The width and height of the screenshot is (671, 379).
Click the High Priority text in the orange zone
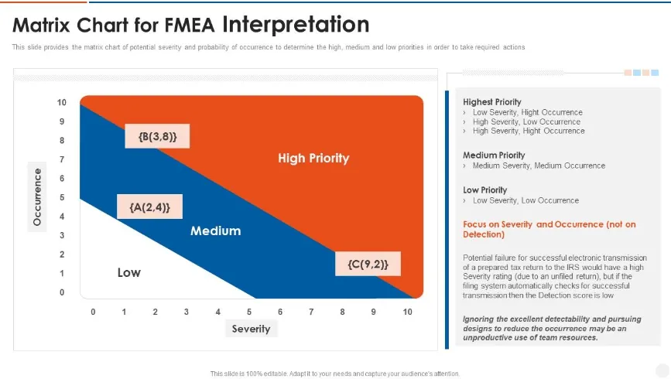pyautogui.click(x=313, y=158)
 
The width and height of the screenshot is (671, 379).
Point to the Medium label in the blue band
pyautogui.click(x=215, y=230)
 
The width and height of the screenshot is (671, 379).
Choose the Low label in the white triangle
pyautogui.click(x=128, y=272)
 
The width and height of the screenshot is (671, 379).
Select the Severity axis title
pyautogui.click(x=251, y=329)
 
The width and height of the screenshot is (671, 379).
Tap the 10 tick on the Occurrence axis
pyautogui.click(x=62, y=102)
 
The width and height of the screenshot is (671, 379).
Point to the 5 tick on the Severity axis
pyautogui.click(x=249, y=312)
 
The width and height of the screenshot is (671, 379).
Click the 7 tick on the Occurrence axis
pyautogui.click(x=62, y=159)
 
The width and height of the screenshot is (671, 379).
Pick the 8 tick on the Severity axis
pyautogui.click(x=342, y=312)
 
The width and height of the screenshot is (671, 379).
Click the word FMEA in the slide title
pyautogui.click(x=192, y=26)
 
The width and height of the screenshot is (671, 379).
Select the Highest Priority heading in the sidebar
pyautogui.click(x=491, y=102)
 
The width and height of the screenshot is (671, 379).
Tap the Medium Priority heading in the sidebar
pyautogui.click(x=493, y=155)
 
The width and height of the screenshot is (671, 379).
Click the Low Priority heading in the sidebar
pyautogui.click(x=484, y=189)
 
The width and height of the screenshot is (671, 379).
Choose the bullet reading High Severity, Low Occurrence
pyautogui.click(x=526, y=121)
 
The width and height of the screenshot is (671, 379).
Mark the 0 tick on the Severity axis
pyautogui.click(x=93, y=312)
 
